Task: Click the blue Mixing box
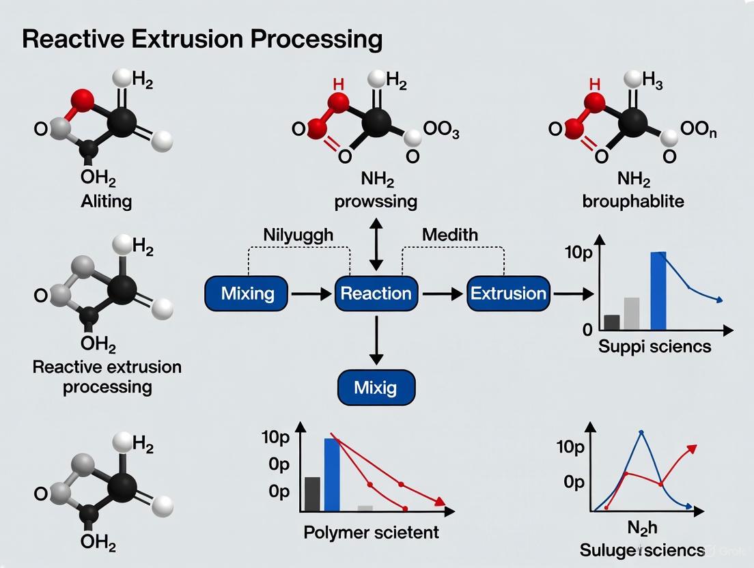[248, 294]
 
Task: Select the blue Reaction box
[376, 294]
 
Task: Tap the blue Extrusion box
[508, 294]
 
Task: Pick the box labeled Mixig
[376, 388]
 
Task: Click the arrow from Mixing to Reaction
[311, 294]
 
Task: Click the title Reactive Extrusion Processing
[202, 39]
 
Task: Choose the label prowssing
[376, 201]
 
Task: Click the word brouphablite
[633, 201]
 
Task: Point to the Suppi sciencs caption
[654, 346]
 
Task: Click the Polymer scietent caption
[371, 532]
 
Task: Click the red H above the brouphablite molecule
[594, 84]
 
